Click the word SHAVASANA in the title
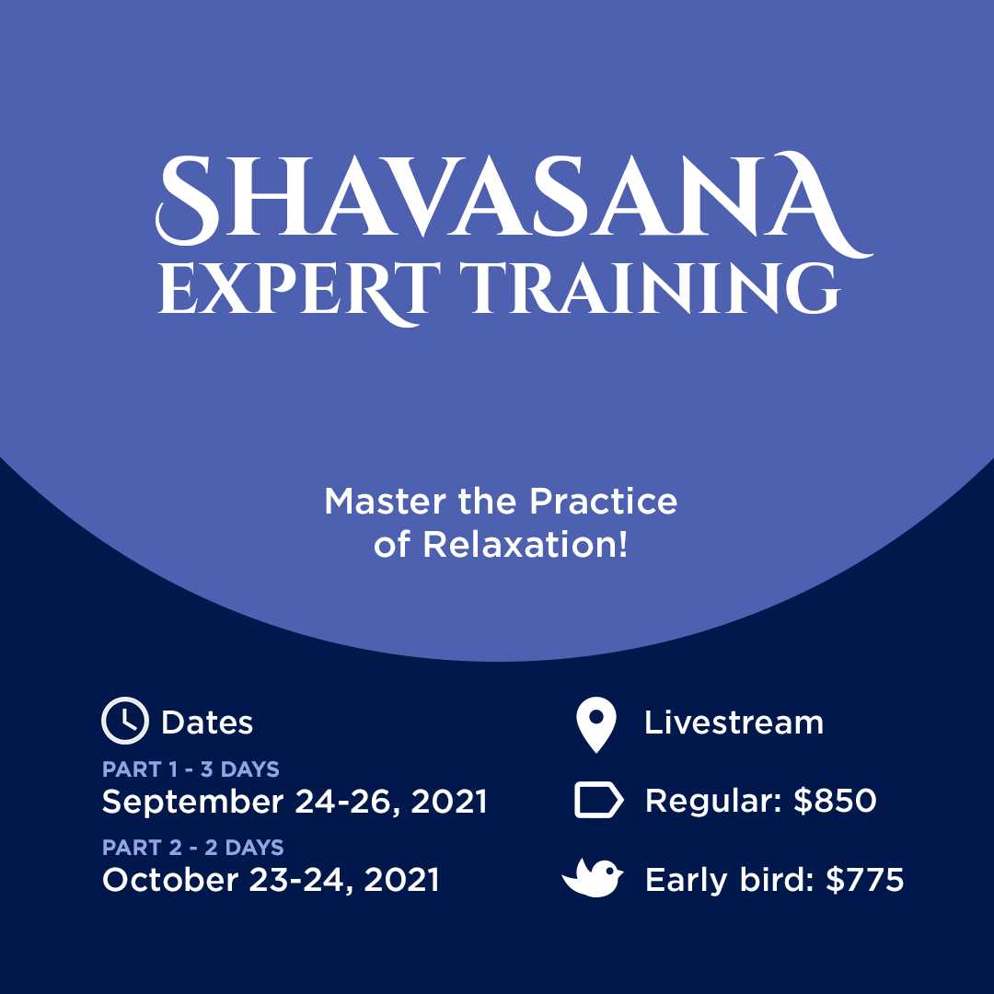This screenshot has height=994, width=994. pos(514,202)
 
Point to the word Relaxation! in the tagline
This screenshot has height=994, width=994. pos(526,545)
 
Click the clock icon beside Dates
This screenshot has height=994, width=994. pos(125,721)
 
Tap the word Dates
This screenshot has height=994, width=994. pos(207,722)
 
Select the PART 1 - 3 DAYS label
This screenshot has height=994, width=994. pos(191,769)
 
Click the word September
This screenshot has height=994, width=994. pos(192,803)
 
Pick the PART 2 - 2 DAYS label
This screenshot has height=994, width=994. pos(193,848)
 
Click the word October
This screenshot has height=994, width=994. pos(170,880)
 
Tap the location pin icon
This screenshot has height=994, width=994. pos(595,725)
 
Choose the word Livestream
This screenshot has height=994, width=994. pos(734,722)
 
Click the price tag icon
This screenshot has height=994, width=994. pos(599,800)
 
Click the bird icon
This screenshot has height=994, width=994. pos(593,878)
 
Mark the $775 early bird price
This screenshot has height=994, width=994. pos(864,880)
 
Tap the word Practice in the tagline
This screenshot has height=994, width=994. pos(604,502)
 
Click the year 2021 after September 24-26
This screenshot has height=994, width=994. pos(449,802)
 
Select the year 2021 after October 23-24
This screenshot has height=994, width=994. pos(402,880)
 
